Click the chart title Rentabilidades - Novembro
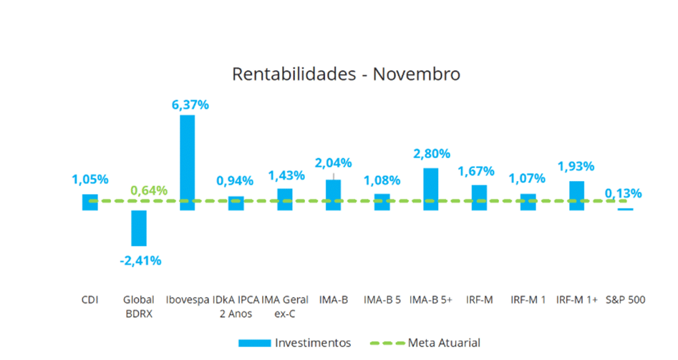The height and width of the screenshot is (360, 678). pos(346,74)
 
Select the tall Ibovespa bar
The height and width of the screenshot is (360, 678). pos(187,161)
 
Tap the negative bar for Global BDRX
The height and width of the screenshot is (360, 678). pos(138,228)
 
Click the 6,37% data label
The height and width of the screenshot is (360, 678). pos(190,104)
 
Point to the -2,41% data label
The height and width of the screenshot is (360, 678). pos(140,261)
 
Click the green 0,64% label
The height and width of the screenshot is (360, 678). pos(149,190)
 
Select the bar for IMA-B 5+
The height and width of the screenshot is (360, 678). pos(430,188)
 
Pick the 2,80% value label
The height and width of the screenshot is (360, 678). pos(431,153)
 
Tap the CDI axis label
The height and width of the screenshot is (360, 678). pos(89,300)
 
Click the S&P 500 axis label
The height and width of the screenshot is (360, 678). pos(626,300)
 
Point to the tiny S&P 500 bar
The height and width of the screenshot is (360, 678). pos(626,209)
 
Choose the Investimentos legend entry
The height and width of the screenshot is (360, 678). pos(294,343)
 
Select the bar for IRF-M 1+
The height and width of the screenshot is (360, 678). pos(576,195)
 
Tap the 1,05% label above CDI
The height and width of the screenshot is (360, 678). pos(89,180)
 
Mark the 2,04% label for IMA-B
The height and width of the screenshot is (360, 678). pos(334,162)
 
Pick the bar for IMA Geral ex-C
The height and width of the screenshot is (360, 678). pos(284,199)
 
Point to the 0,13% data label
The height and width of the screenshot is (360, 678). pos(623,193)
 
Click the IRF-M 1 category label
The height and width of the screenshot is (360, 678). pos(528,300)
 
